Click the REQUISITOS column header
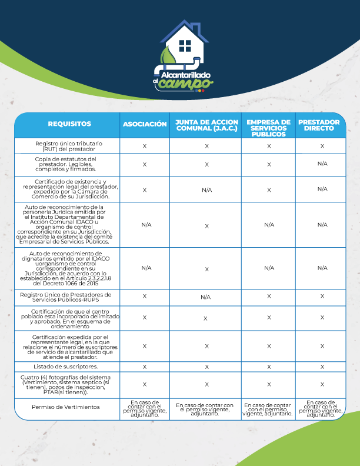point(69,125)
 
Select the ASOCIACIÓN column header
point(145,125)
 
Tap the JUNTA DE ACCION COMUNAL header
point(206,125)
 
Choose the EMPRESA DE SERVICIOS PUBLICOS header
point(268,128)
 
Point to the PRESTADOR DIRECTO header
point(319,125)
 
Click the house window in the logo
point(185,45)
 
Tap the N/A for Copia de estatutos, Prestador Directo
point(322,164)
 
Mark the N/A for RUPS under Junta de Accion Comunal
point(206,297)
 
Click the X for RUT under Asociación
point(145,146)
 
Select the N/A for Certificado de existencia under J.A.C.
point(206,190)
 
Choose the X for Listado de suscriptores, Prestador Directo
point(322,367)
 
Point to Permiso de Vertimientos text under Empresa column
point(268,407)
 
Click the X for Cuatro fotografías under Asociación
point(145,384)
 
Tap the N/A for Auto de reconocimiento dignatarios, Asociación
point(145,268)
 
